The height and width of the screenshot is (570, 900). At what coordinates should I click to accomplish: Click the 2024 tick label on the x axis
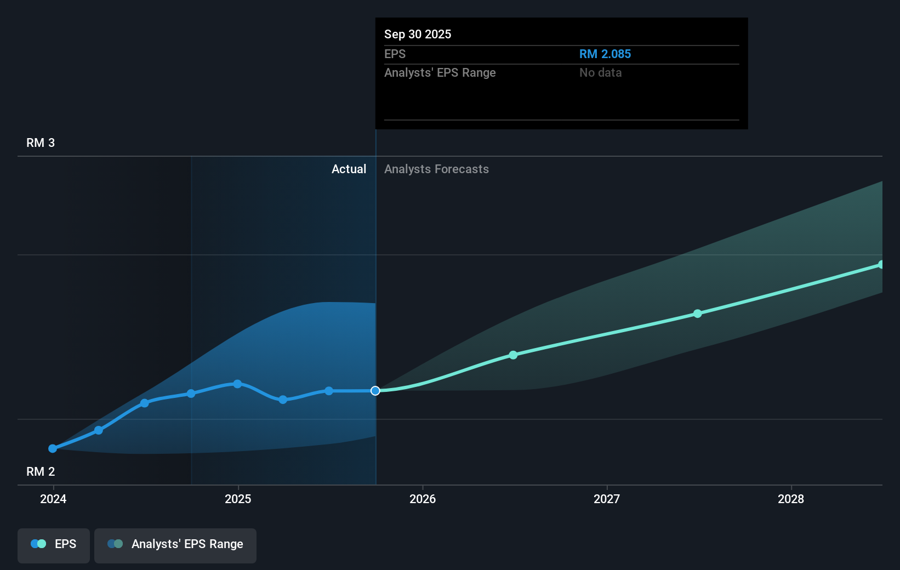pyautogui.click(x=53, y=499)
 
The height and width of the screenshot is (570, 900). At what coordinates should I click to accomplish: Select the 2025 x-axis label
pyautogui.click(x=238, y=499)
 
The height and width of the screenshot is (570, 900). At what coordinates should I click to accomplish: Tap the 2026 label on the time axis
pyautogui.click(x=423, y=499)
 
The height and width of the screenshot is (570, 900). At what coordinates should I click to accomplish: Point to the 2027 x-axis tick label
pyautogui.click(x=607, y=499)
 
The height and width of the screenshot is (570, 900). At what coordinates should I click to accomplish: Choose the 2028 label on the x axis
pyautogui.click(x=791, y=499)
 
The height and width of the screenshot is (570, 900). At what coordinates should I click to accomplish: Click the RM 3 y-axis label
pyautogui.click(x=41, y=143)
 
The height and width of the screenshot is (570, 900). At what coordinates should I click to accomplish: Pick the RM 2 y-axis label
pyautogui.click(x=41, y=472)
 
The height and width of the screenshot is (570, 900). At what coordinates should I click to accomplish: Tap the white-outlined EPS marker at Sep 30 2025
pyautogui.click(x=375, y=391)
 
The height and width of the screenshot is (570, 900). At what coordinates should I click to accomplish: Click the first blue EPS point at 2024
pyautogui.click(x=53, y=448)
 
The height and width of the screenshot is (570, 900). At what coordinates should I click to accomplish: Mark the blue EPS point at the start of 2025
pyautogui.click(x=237, y=384)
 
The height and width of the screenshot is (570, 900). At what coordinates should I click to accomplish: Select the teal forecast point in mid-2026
pyautogui.click(x=513, y=355)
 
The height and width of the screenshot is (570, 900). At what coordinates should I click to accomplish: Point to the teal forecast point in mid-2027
pyautogui.click(x=697, y=314)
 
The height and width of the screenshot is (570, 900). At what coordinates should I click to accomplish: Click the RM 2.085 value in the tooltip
pyautogui.click(x=605, y=54)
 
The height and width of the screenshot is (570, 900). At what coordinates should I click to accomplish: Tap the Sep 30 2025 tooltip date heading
pyautogui.click(x=418, y=35)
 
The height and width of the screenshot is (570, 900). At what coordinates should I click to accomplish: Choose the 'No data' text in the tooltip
pyautogui.click(x=600, y=73)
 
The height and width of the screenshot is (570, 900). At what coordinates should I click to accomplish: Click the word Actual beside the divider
pyautogui.click(x=349, y=169)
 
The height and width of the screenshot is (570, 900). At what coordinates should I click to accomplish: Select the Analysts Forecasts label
pyautogui.click(x=436, y=169)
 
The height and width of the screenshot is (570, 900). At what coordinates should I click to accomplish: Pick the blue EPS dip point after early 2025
pyautogui.click(x=283, y=400)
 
